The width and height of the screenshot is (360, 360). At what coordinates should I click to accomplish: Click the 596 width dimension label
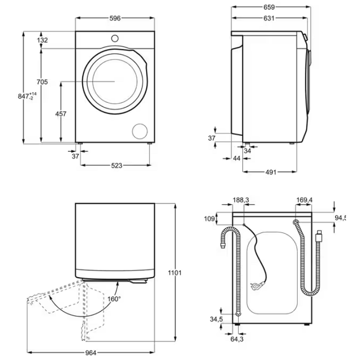[x=115, y=19]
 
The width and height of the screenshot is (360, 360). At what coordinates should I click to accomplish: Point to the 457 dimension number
[x=61, y=114]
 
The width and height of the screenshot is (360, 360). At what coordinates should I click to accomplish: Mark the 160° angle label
[x=114, y=299]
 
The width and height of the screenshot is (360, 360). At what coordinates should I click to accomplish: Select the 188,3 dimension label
[x=241, y=200]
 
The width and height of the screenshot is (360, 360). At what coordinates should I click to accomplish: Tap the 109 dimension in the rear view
[x=209, y=219]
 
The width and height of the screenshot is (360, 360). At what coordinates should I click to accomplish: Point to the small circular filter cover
[x=139, y=131]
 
